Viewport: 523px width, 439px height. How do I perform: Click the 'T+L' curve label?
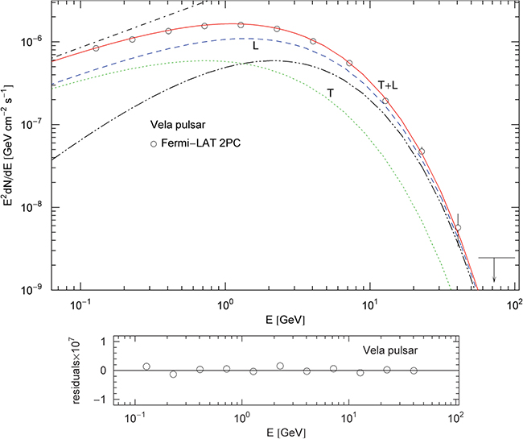[389, 84]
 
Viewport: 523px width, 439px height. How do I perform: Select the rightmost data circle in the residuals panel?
[414, 371]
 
